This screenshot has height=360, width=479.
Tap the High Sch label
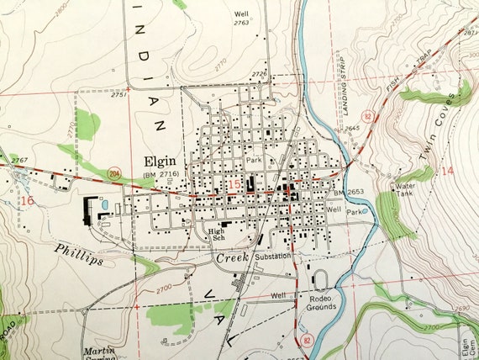click(218, 234)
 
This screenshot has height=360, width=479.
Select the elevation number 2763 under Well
click(242, 22)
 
